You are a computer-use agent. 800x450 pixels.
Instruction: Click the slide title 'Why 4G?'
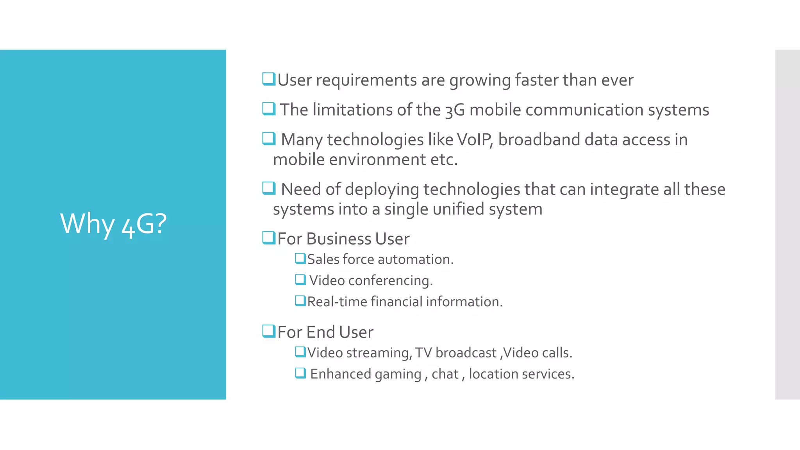pyautogui.click(x=113, y=224)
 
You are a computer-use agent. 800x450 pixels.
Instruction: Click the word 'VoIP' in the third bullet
pyautogui.click(x=473, y=140)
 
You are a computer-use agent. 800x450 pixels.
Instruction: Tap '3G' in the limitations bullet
pyautogui.click(x=455, y=110)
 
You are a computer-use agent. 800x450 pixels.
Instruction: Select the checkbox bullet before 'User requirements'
pyautogui.click(x=269, y=79)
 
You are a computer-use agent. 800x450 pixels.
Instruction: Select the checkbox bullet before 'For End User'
pyautogui.click(x=269, y=331)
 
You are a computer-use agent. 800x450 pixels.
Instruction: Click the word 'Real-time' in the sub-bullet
pyautogui.click(x=337, y=302)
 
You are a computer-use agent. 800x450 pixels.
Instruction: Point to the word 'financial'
pyautogui.click(x=396, y=302)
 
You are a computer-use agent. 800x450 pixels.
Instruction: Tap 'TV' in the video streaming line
pyautogui.click(x=423, y=353)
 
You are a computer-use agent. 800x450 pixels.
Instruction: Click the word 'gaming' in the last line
pyautogui.click(x=398, y=374)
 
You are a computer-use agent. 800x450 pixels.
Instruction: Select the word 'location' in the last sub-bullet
pyautogui.click(x=493, y=374)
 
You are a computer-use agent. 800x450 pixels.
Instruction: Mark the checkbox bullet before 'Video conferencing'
pyautogui.click(x=300, y=280)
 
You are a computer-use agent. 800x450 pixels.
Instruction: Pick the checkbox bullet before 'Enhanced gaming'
pyautogui.click(x=300, y=373)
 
